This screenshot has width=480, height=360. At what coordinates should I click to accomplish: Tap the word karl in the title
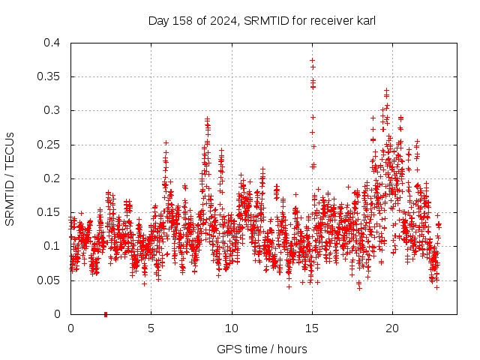(365, 20)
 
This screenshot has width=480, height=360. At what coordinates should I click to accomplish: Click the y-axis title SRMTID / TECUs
(10, 178)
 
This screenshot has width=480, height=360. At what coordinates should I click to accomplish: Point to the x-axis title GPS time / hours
(262, 349)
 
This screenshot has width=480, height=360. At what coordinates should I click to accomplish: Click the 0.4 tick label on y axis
(52, 43)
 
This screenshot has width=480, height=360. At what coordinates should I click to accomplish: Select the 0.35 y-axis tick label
(49, 76)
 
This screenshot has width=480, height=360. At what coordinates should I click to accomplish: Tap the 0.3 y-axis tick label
(52, 110)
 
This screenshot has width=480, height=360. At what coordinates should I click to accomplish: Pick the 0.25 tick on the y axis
(49, 145)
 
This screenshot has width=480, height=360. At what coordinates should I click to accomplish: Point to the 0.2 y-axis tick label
(52, 178)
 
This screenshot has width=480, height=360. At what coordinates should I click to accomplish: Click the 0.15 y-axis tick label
(49, 212)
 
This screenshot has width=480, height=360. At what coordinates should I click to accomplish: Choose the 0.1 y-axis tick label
(52, 246)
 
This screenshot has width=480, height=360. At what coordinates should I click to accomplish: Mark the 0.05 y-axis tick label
(49, 280)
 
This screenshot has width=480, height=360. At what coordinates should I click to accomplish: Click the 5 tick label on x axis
(151, 328)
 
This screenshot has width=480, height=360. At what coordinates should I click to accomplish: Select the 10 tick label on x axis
(232, 328)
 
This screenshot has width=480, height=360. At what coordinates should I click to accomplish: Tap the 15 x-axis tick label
(312, 328)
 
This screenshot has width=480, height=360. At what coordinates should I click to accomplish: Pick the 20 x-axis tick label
(392, 328)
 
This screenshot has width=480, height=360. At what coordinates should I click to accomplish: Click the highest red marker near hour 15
(312, 60)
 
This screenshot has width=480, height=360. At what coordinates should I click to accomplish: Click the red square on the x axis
(106, 314)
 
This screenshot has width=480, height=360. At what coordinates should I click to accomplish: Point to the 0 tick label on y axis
(58, 314)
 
